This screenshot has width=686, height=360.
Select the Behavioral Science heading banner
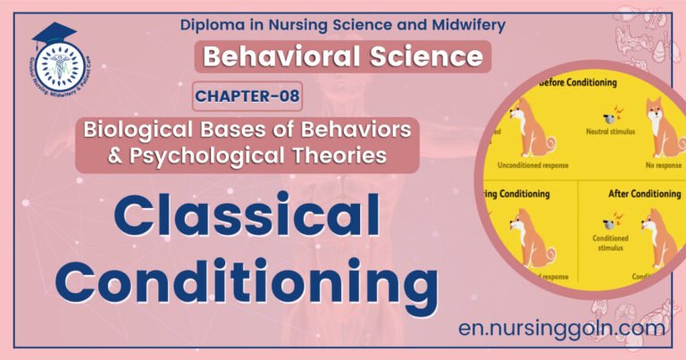(x=343, y=57)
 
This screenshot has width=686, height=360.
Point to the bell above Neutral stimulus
(x=610, y=116)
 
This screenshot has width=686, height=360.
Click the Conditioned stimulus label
(x=610, y=244)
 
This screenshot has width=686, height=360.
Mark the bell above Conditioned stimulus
(x=612, y=219)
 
